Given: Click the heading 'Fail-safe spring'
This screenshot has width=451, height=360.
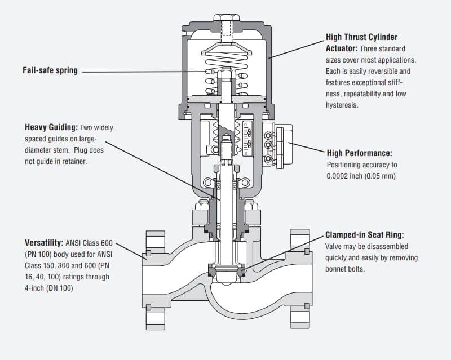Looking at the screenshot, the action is (x=50, y=70).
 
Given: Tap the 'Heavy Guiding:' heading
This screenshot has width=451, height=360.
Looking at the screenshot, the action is (x=51, y=127).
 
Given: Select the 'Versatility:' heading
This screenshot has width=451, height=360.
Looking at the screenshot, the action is (x=44, y=243).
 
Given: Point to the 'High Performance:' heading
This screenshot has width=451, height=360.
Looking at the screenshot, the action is (x=359, y=153).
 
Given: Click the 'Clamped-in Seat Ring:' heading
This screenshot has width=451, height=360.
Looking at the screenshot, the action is (x=364, y=235).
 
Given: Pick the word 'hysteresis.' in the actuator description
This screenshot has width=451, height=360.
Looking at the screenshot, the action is (x=342, y=105).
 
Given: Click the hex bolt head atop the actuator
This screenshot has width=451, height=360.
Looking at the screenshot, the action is (x=227, y=17).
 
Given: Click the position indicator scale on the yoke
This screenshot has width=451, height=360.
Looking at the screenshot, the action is (x=247, y=139).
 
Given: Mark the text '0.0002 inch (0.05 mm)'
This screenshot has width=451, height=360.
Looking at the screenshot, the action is (x=361, y=176).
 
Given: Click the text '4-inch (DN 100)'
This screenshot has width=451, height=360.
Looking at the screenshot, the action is (x=48, y=288).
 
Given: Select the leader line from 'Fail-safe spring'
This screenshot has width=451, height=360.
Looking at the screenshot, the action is (x=144, y=72).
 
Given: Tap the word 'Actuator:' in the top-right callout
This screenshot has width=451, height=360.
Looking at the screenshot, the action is (x=342, y=48).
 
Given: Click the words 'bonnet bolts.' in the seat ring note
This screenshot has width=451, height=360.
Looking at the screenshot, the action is (x=345, y=269).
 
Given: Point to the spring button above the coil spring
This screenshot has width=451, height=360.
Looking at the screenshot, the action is (x=227, y=50).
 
